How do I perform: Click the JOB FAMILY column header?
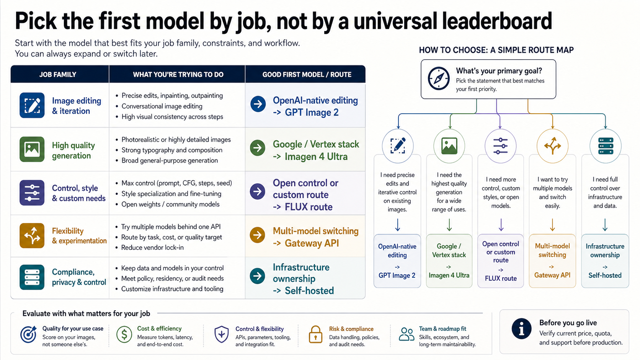point(58,75)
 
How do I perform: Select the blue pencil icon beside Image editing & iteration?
point(32,105)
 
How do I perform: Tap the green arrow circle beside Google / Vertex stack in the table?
point(258,148)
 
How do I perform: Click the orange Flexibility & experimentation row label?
point(79,236)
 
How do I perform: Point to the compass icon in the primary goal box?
point(439,78)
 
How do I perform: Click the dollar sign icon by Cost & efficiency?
point(124,334)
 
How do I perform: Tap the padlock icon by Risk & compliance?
point(315,334)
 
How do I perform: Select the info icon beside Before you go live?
point(521,329)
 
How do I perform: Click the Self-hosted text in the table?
point(309,291)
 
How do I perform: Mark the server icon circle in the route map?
point(606,146)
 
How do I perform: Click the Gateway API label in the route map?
point(552,275)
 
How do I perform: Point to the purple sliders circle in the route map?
point(500,146)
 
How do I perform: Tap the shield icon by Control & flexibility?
point(221,334)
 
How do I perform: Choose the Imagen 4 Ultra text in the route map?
point(449,275)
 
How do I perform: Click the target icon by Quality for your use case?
point(28,334)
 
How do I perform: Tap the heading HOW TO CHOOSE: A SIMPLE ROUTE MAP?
point(496,50)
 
